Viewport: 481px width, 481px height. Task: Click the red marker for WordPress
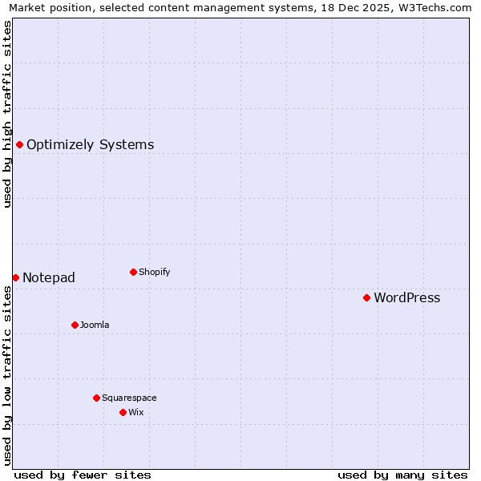pyautogui.click(x=366, y=297)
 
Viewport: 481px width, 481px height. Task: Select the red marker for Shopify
pyautogui.click(x=133, y=272)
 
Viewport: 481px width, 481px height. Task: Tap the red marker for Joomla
pyautogui.click(x=75, y=325)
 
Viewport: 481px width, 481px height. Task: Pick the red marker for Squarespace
pyautogui.click(x=96, y=398)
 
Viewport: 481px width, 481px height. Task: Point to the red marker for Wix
pyautogui.click(x=123, y=412)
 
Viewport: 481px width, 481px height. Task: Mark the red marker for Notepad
pyautogui.click(x=15, y=277)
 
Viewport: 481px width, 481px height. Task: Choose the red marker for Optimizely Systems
pyautogui.click(x=19, y=144)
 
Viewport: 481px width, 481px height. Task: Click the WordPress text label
pyautogui.click(x=406, y=298)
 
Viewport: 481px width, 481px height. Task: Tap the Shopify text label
pyautogui.click(x=154, y=272)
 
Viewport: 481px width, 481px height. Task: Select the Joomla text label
pyautogui.click(x=95, y=325)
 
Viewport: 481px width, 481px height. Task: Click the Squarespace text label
pyautogui.click(x=129, y=398)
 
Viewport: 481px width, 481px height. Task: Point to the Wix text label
pyautogui.click(x=135, y=412)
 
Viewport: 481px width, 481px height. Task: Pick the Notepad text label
pyautogui.click(x=49, y=278)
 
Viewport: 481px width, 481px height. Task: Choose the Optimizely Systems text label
pyautogui.click(x=90, y=145)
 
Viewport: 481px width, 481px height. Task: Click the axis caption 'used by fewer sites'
pyautogui.click(x=83, y=475)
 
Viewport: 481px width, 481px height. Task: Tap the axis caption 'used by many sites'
pyautogui.click(x=402, y=475)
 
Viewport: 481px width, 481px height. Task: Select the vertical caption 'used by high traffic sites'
pyautogui.click(x=7, y=114)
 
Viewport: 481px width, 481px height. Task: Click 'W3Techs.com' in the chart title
pyautogui.click(x=438, y=7)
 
